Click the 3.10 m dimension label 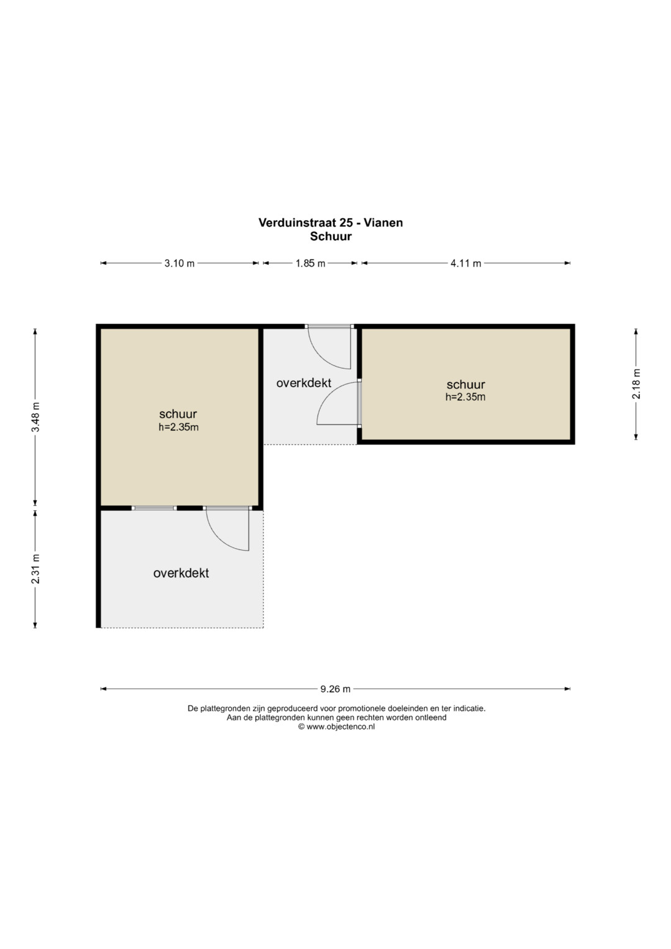click(179, 263)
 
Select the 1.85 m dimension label click(310, 263)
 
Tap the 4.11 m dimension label click(465, 263)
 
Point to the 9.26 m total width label click(335, 689)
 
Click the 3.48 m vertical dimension click(35, 416)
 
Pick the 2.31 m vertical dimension click(35, 569)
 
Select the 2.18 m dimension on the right click(636, 384)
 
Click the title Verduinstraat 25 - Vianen click(331, 222)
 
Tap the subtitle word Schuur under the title click(331, 236)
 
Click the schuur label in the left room click(178, 414)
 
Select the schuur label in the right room click(465, 385)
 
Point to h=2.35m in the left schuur click(179, 427)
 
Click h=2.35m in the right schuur click(465, 397)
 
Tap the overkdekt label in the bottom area click(181, 573)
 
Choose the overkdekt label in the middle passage click(304, 383)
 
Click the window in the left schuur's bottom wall click(154, 508)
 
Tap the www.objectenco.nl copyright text click(336, 727)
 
